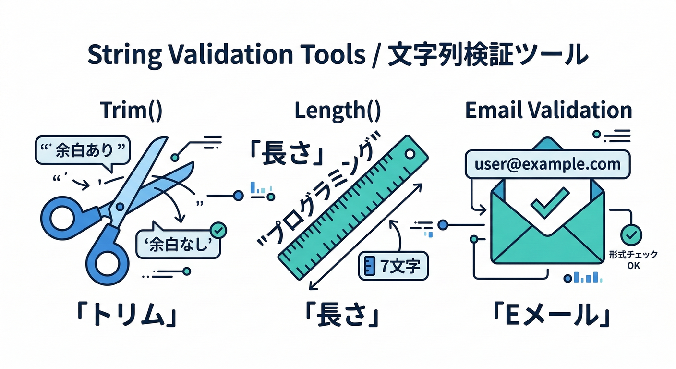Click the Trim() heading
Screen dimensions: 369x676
[x=132, y=111]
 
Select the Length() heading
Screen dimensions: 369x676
[x=338, y=111]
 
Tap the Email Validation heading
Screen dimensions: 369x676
[x=548, y=111]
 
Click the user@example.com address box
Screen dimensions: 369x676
[x=547, y=165]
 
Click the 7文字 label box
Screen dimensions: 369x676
[x=393, y=267]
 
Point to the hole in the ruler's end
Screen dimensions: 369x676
[x=410, y=154]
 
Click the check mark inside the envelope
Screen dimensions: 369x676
[x=549, y=202]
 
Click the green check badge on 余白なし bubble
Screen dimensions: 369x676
[x=219, y=231]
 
